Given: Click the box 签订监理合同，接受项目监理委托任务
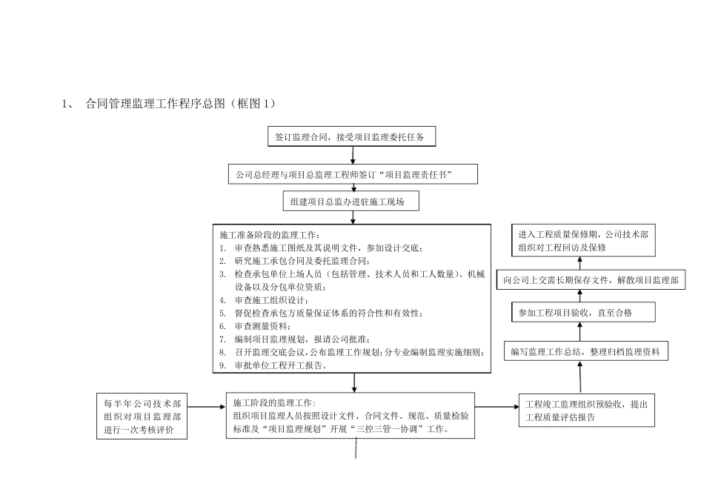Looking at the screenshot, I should pos(353,137).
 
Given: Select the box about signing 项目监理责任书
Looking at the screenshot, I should pos(353,174).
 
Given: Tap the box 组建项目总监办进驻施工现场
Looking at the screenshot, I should pos(353,201).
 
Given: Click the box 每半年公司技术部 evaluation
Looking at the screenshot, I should pos(142,416).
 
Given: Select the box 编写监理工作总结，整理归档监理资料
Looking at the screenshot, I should pos(585,352).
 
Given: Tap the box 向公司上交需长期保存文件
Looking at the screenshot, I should pos(590,280).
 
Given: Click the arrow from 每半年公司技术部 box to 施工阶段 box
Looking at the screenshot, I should pos(207,407).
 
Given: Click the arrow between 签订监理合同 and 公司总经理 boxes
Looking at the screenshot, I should pos(353,156).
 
